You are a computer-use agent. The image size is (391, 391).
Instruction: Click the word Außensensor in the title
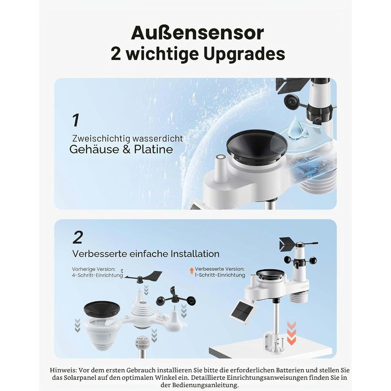[x=197, y=32]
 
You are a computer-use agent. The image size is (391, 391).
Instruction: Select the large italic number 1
[x=75, y=120]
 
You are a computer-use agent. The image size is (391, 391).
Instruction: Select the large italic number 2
[x=78, y=237]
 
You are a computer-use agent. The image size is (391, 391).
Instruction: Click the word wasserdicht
[x=158, y=139]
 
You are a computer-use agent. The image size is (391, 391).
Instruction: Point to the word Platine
[x=154, y=150]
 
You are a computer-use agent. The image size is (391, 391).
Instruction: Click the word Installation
[x=195, y=254]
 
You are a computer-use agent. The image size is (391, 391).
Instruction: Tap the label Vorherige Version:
[x=94, y=269]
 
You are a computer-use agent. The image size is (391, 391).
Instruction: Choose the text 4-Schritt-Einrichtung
[x=98, y=275]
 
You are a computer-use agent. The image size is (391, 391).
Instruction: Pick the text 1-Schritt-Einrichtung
[x=220, y=275]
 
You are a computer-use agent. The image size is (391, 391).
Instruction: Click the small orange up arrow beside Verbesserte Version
[x=192, y=270]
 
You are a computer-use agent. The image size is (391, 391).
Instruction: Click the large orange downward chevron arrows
[x=291, y=333]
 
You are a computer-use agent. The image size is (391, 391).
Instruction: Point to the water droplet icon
[x=297, y=127]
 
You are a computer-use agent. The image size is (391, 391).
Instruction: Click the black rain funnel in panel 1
[x=256, y=146]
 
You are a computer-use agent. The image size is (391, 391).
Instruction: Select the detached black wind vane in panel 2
[x=144, y=276]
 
